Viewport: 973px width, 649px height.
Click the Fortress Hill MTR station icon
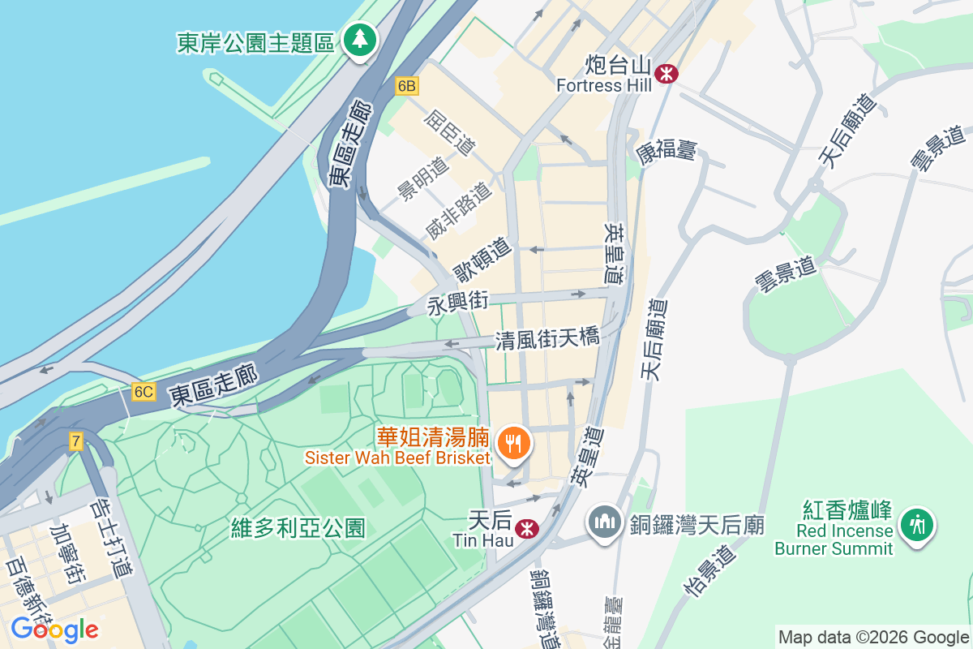click(667, 73)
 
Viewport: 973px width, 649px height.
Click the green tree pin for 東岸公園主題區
click(358, 38)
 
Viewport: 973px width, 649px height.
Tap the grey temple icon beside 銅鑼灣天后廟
click(605, 520)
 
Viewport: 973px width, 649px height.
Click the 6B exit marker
click(407, 85)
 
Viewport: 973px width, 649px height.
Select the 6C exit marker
click(144, 392)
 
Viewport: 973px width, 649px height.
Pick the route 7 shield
click(76, 441)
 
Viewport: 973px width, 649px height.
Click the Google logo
click(54, 630)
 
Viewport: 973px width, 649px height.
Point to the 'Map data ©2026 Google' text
click(872, 637)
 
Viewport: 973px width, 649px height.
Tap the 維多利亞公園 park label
click(298, 529)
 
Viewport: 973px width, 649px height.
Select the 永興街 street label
click(458, 303)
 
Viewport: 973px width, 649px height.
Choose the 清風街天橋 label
click(547, 339)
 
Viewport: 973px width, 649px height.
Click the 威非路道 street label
click(458, 210)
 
